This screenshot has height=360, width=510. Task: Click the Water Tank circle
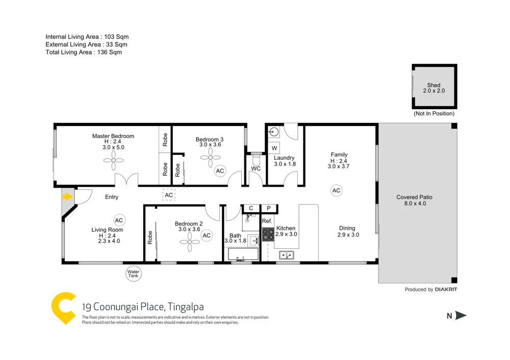point(133,274)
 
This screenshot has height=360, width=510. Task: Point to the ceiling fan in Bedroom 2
point(188,245)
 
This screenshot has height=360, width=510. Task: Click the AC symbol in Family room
point(336,191)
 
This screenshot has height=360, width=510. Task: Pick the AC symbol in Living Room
point(119,220)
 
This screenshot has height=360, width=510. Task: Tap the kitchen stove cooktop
point(268,234)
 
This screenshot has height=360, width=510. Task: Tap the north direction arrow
point(461,316)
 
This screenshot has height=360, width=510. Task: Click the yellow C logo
point(64,308)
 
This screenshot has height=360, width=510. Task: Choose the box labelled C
point(251,208)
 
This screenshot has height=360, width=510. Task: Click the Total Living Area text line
point(84,52)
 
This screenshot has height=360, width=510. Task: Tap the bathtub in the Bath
point(243,254)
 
